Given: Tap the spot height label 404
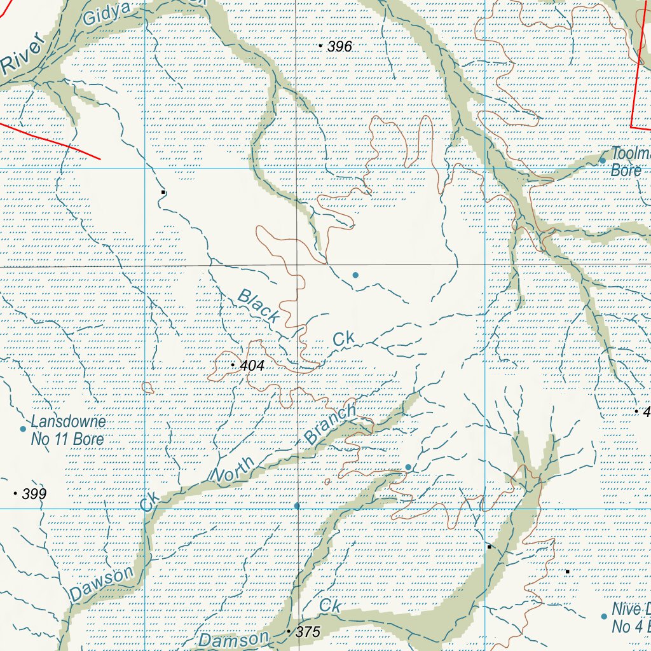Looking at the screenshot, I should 252,366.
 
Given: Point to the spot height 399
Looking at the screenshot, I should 34,494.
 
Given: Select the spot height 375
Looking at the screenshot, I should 308,632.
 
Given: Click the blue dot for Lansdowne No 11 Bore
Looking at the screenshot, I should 23,429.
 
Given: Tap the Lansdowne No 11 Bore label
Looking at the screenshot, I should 68,430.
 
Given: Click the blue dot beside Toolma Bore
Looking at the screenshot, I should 603,160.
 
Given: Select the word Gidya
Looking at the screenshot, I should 107,14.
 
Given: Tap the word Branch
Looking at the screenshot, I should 331,424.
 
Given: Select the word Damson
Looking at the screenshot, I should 234,638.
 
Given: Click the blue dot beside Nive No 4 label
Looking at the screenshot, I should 604,617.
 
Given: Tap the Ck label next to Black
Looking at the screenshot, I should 344,339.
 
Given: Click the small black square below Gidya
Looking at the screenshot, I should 163,192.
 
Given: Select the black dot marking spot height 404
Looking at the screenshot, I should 233,366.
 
